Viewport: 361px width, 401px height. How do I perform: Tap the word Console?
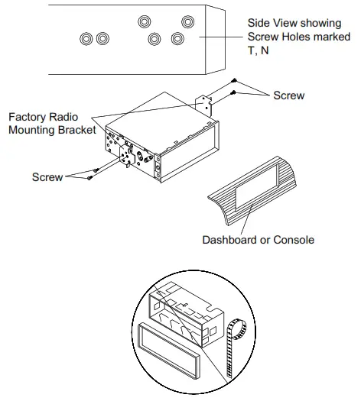pos(294,240)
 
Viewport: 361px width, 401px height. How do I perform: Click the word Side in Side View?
pos(258,23)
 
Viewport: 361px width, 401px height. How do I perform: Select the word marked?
pos(332,37)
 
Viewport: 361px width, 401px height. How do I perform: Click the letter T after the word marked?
pos(252,50)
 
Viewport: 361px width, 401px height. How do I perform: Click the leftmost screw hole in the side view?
pos(86,39)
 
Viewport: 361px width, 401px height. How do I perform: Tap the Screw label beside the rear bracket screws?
pos(289,95)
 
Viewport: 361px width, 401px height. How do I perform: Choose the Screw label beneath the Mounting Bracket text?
pos(47,177)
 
